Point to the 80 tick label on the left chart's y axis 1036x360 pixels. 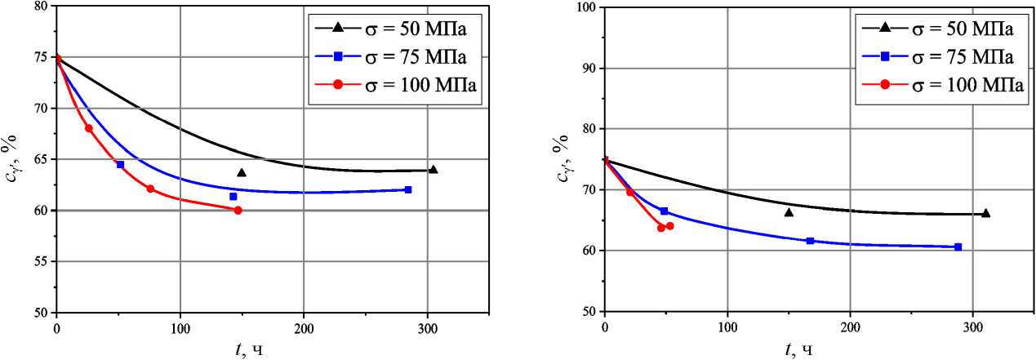pyautogui.click(x=38, y=7)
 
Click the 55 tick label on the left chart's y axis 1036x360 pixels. pyautogui.click(x=38, y=262)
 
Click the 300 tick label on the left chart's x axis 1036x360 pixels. pyautogui.click(x=427, y=328)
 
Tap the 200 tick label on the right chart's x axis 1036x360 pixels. pyautogui.click(x=850, y=327)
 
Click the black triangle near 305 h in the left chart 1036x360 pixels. pyautogui.click(x=433, y=170)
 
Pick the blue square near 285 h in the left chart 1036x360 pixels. pyautogui.click(x=408, y=189)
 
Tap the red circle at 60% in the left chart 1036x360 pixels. pyautogui.click(x=238, y=210)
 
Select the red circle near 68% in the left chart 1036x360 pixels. pyautogui.click(x=88, y=128)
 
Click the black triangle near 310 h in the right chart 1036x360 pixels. pyautogui.click(x=985, y=213)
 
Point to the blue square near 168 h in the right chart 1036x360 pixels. pyautogui.click(x=810, y=241)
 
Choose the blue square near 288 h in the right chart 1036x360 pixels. pyautogui.click(x=958, y=247)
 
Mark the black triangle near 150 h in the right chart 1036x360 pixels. pyautogui.click(x=789, y=212)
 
